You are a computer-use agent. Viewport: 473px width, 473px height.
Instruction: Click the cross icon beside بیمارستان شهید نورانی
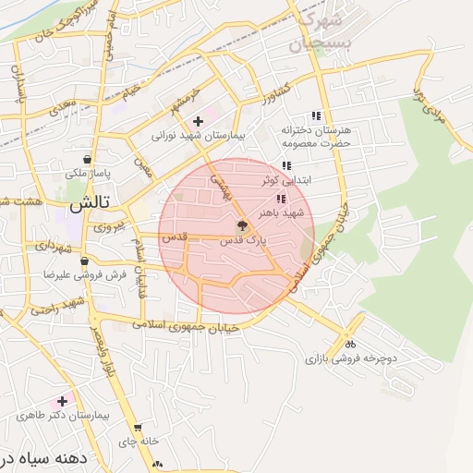(x=198, y=121)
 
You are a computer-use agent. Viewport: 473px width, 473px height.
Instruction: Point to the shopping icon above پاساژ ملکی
(x=87, y=159)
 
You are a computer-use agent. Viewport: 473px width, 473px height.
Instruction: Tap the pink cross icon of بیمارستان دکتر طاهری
(x=62, y=401)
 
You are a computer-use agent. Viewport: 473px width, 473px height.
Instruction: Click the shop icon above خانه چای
(x=138, y=428)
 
